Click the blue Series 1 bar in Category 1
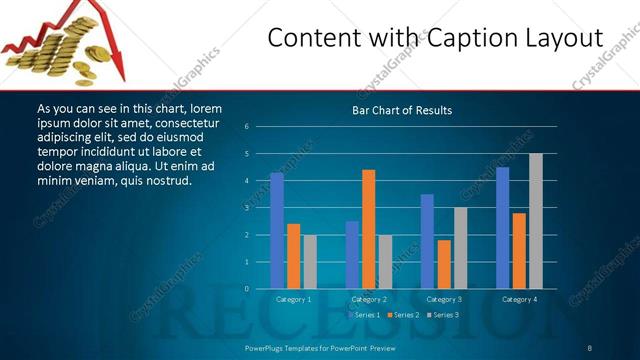(277, 230)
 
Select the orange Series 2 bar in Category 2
(368, 229)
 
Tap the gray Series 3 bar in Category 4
(535, 221)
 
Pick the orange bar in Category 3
(443, 264)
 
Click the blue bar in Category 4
(502, 228)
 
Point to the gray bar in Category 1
(310, 262)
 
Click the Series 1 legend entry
(364, 315)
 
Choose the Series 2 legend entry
(403, 315)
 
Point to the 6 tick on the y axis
(246, 127)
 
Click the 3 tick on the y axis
(246, 208)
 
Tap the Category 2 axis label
(368, 299)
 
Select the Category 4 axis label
(518, 299)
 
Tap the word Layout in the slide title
(561, 38)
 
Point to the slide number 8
(590, 347)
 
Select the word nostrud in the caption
(165, 181)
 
